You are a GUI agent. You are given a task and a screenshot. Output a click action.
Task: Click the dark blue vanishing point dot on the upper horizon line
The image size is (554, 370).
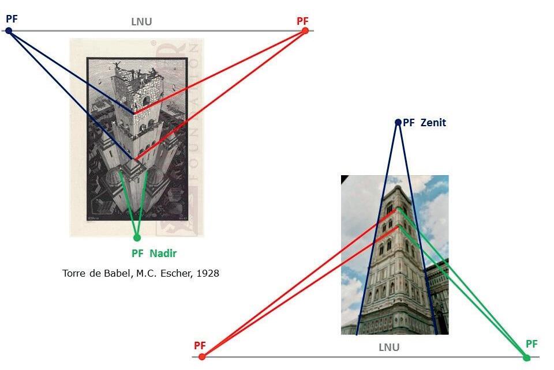click(9, 31)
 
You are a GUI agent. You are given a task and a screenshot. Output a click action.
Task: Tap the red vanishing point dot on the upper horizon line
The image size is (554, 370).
click(305, 31)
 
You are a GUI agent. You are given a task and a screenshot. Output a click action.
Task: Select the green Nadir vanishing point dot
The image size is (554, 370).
click(137, 237)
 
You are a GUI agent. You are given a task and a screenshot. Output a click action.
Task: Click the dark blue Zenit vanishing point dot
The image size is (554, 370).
click(398, 122)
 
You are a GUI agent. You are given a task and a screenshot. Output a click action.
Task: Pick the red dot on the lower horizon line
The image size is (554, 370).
click(202, 357)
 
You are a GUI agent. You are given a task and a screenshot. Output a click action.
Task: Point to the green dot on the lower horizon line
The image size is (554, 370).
click(526, 357)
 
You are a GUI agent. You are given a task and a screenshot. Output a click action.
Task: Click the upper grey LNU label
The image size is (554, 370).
click(141, 22)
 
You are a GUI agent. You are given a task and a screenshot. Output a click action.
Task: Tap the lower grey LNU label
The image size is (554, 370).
click(389, 348)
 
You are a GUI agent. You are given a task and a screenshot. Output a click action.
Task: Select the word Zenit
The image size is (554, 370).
click(433, 123)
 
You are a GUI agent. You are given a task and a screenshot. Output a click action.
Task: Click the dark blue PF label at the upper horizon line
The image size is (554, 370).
click(12, 18)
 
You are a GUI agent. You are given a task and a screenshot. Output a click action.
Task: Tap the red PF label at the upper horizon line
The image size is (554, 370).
click(302, 21)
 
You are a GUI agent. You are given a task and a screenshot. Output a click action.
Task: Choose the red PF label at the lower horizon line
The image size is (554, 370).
click(200, 345)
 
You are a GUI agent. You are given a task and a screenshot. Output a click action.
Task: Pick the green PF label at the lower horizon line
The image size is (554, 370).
click(531, 344)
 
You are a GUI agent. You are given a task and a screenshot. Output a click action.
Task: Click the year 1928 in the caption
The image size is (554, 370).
click(207, 273)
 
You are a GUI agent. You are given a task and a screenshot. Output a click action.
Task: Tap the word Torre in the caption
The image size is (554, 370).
click(73, 273)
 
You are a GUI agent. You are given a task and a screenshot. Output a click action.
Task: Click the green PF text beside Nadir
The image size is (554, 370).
click(137, 254)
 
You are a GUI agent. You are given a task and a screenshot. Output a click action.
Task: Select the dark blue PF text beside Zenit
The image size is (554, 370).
click(409, 123)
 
